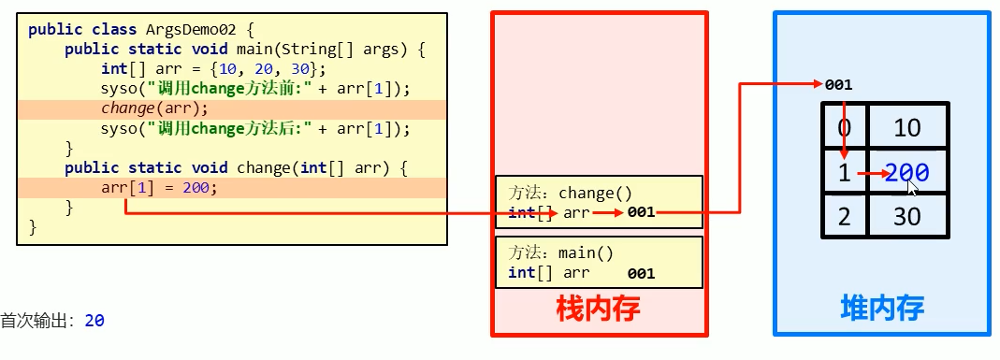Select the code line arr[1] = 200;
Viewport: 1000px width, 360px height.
coord(159,187)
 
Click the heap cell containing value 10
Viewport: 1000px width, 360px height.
coord(907,127)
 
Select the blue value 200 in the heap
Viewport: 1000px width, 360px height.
coord(906,172)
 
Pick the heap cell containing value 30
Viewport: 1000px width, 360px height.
coord(907,217)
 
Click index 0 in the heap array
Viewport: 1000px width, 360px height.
coord(845,127)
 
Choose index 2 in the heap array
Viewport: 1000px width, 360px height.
coord(845,217)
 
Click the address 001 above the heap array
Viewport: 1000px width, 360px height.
coord(838,85)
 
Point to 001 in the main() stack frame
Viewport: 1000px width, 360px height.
coord(641,274)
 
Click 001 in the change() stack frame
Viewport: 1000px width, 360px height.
coord(641,213)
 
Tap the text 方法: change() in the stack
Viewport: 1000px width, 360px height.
coord(571,194)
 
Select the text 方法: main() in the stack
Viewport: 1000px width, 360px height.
coord(561,253)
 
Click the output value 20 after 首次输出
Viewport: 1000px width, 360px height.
coord(94,321)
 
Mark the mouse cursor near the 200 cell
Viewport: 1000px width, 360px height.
coord(912,187)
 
